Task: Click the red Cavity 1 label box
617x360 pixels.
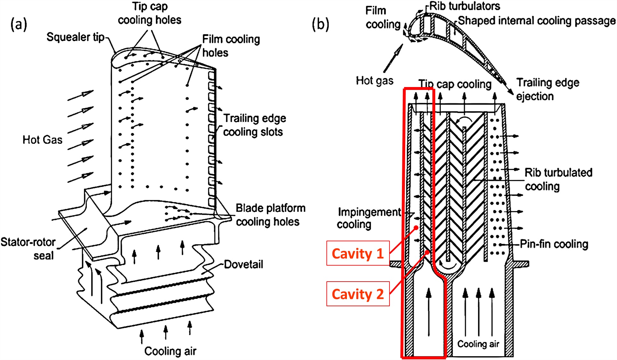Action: tap(358, 253)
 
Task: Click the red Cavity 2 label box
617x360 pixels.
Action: tap(358, 294)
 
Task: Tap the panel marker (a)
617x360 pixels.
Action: tap(19, 24)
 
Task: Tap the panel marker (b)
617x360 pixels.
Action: tap(320, 24)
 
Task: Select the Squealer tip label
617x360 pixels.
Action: tap(76, 37)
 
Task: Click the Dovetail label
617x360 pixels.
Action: tap(243, 264)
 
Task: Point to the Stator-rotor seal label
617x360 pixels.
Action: tap(29, 249)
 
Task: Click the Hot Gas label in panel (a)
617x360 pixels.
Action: tap(42, 140)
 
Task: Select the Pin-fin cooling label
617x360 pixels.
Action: tap(554, 244)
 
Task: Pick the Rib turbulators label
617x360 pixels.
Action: tap(464, 6)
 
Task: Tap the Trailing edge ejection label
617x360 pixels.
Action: tap(547, 89)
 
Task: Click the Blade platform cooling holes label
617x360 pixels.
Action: tap(270, 215)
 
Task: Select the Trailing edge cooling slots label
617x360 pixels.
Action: tap(254, 125)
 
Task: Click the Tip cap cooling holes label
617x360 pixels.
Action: tap(149, 13)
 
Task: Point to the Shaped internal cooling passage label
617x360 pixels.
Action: tap(536, 21)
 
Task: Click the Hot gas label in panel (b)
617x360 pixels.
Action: tap(374, 81)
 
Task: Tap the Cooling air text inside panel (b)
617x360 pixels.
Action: tap(478, 344)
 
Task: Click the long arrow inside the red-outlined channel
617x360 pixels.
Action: tap(429, 312)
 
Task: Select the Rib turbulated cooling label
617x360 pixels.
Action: tap(558, 179)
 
